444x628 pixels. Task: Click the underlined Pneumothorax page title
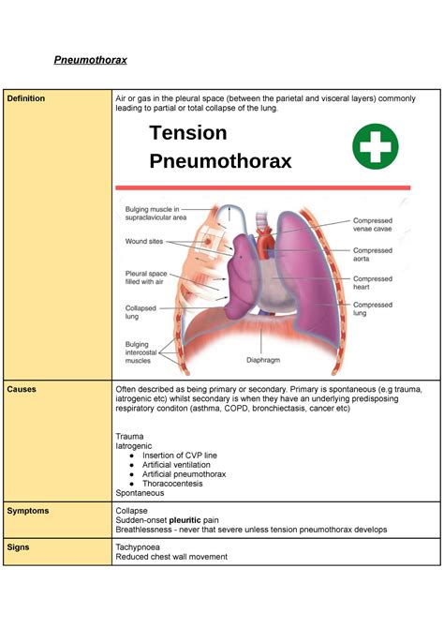point(89,61)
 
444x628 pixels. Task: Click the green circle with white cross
point(376,149)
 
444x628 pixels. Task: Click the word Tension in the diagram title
point(187,133)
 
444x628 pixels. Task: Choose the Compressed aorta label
point(372,255)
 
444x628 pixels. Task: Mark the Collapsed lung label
point(141,311)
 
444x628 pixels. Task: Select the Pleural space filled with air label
point(145,278)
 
